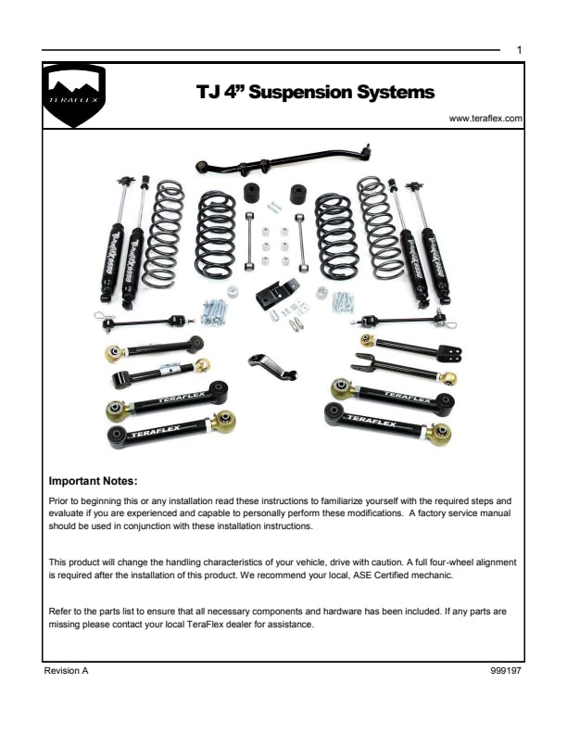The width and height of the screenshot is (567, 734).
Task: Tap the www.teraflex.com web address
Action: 485,119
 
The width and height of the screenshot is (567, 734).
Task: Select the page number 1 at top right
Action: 519,50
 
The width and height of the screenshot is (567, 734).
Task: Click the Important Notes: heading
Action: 93,481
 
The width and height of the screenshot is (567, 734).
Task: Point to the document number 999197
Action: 506,670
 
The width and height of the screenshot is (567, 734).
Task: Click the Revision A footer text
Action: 66,670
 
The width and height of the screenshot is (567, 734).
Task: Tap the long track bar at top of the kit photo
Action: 283,160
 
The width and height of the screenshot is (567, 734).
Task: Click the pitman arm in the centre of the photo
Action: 272,366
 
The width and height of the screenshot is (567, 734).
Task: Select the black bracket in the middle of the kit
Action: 277,294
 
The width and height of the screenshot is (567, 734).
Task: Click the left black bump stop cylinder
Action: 253,193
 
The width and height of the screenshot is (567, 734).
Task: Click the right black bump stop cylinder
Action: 298,195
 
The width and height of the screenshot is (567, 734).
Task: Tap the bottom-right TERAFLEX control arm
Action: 388,424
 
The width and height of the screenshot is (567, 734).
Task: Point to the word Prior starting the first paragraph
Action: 58,500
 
